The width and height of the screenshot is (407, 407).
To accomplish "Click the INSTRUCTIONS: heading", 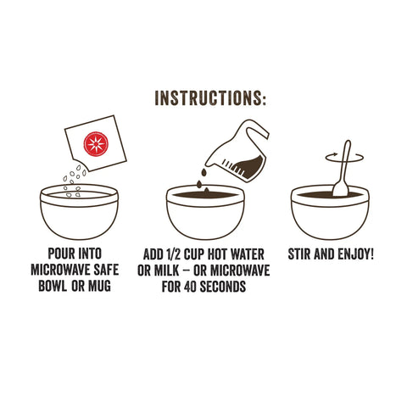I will point(210,99).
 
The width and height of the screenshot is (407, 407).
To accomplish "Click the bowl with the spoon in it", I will point(329,214).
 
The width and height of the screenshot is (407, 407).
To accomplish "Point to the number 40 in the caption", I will point(191,286).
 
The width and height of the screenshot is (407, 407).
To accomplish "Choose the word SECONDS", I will point(224,286).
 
